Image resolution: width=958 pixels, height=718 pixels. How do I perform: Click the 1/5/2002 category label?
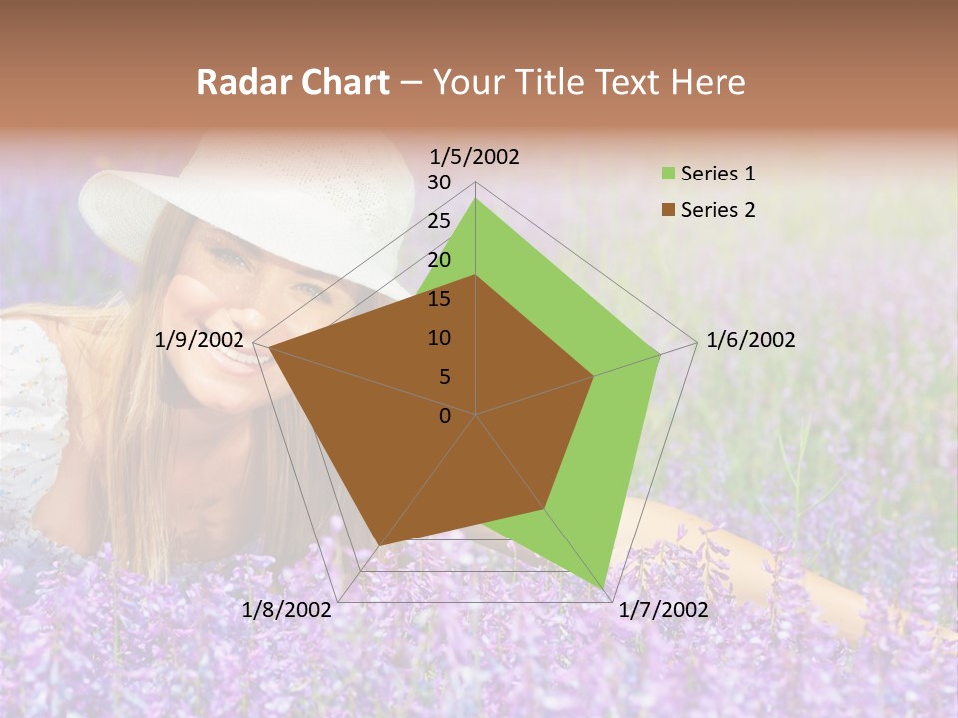(x=475, y=156)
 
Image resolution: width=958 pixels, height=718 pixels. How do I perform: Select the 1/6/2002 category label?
(x=750, y=340)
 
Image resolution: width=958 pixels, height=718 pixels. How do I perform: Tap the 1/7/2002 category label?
(x=663, y=610)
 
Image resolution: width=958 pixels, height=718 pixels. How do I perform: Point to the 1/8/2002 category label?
(x=287, y=610)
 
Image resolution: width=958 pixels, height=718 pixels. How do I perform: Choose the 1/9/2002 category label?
(x=200, y=340)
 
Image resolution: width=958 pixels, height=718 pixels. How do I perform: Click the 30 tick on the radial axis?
(x=439, y=182)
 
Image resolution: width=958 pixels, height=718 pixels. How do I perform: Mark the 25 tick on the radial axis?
(x=439, y=221)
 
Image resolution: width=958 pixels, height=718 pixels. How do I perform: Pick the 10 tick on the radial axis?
(x=439, y=338)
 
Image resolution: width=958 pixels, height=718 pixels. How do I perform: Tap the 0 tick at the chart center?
(x=445, y=416)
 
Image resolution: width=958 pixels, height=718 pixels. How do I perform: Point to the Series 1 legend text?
(x=718, y=174)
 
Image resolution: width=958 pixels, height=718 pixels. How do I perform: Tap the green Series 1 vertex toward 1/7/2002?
(x=603, y=588)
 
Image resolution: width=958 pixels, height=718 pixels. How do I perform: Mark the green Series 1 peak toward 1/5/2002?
(x=476, y=199)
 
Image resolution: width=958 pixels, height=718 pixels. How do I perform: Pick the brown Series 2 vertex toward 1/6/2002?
(x=593, y=376)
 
